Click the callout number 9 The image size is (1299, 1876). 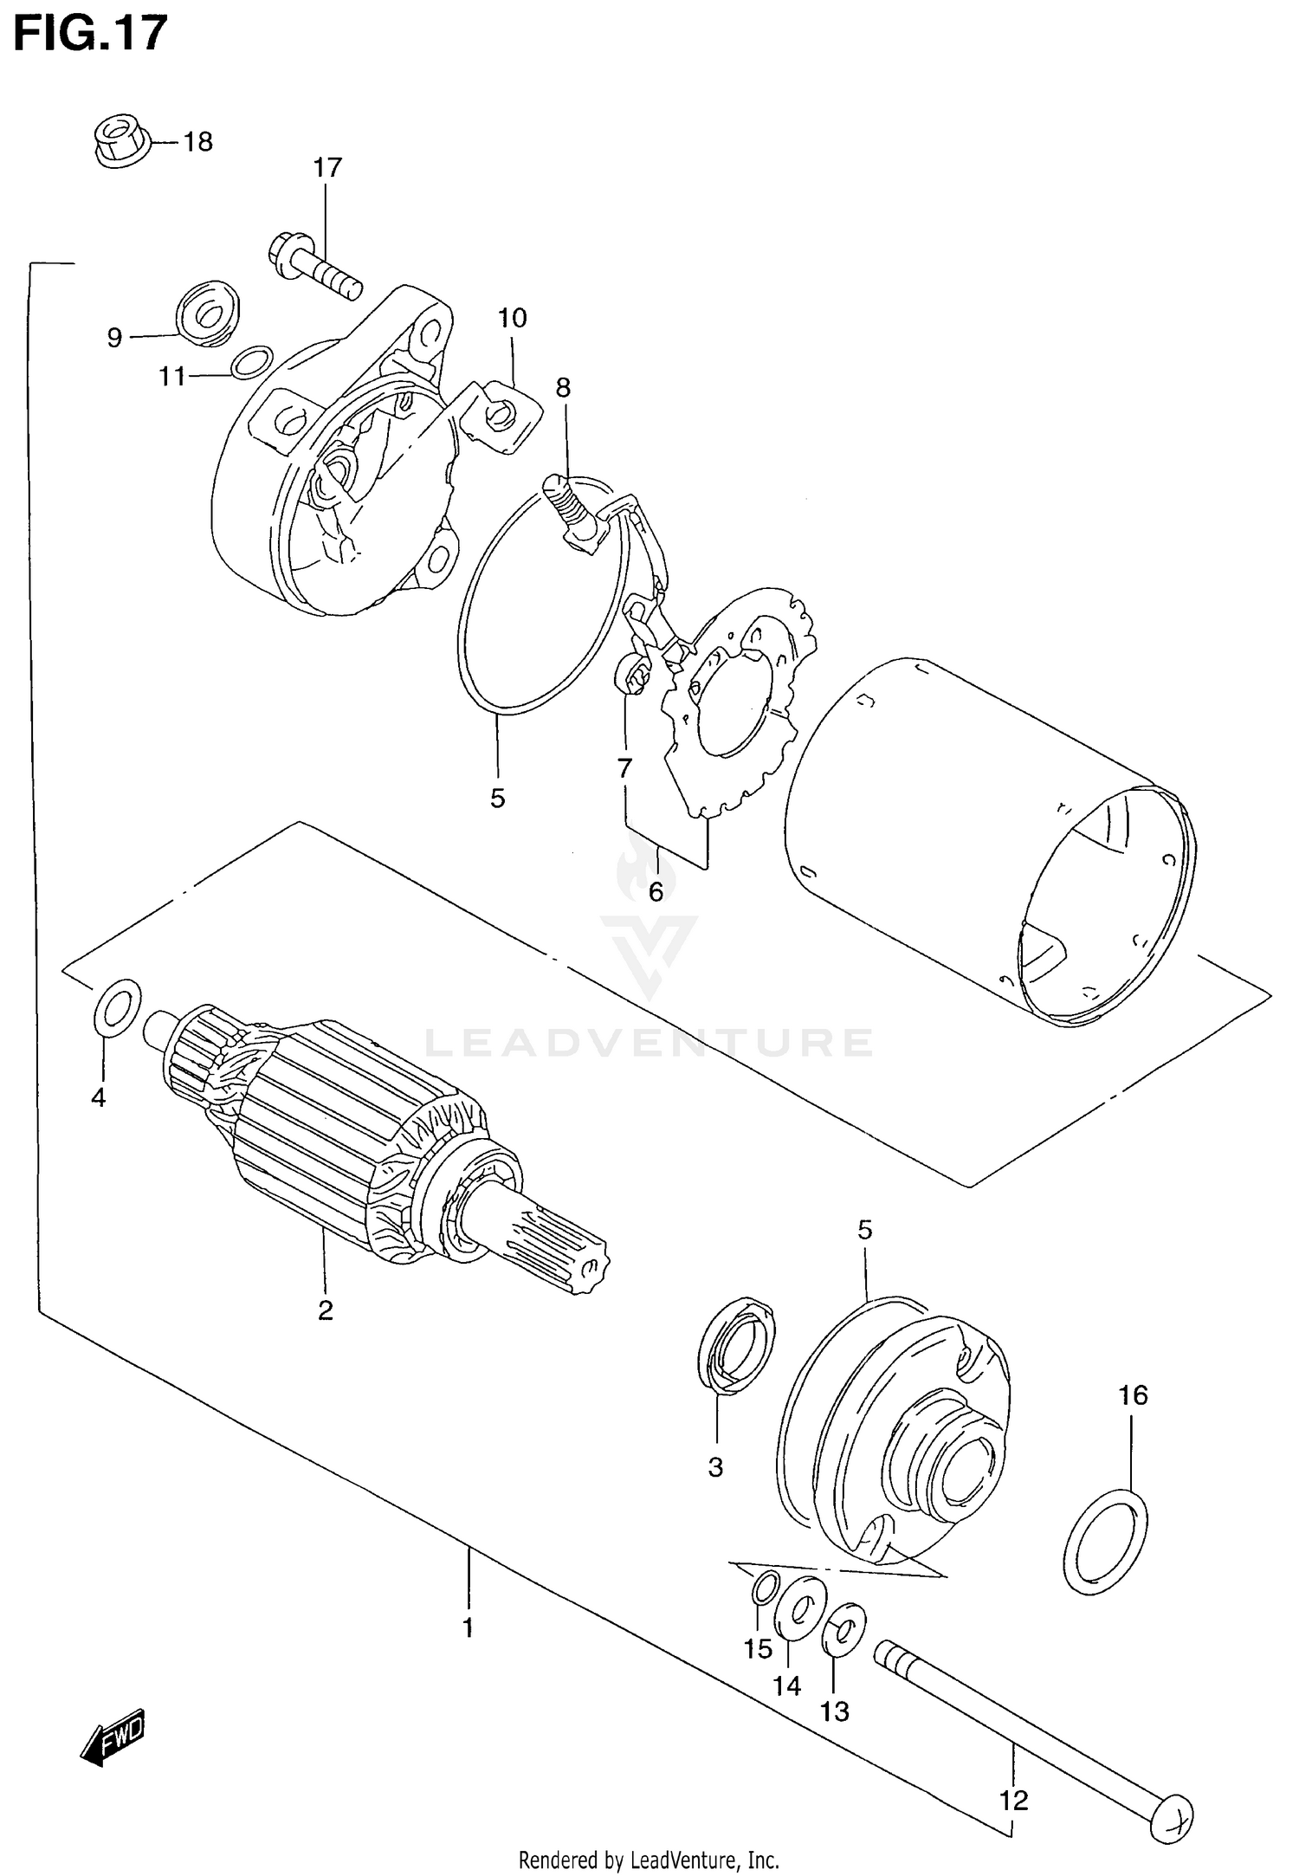114,338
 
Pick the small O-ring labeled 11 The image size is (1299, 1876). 252,362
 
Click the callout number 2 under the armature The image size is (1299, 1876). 325,1335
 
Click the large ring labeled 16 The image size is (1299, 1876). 1104,1541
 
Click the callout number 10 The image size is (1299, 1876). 512,319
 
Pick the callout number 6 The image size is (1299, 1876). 656,891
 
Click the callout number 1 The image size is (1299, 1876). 468,1628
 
